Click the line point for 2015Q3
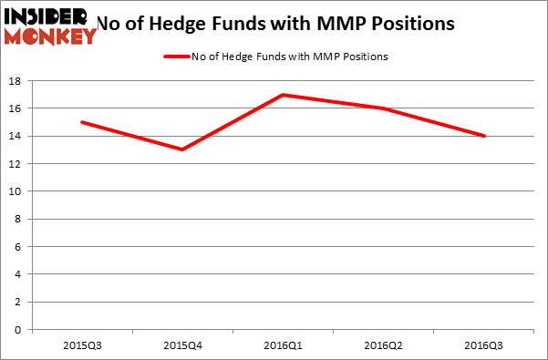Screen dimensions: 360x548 81,122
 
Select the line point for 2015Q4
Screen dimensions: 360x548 182,149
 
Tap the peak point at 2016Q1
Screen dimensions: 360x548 284,95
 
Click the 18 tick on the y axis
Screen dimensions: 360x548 16,81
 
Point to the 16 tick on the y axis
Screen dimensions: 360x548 16,108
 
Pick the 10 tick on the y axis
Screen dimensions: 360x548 16,191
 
